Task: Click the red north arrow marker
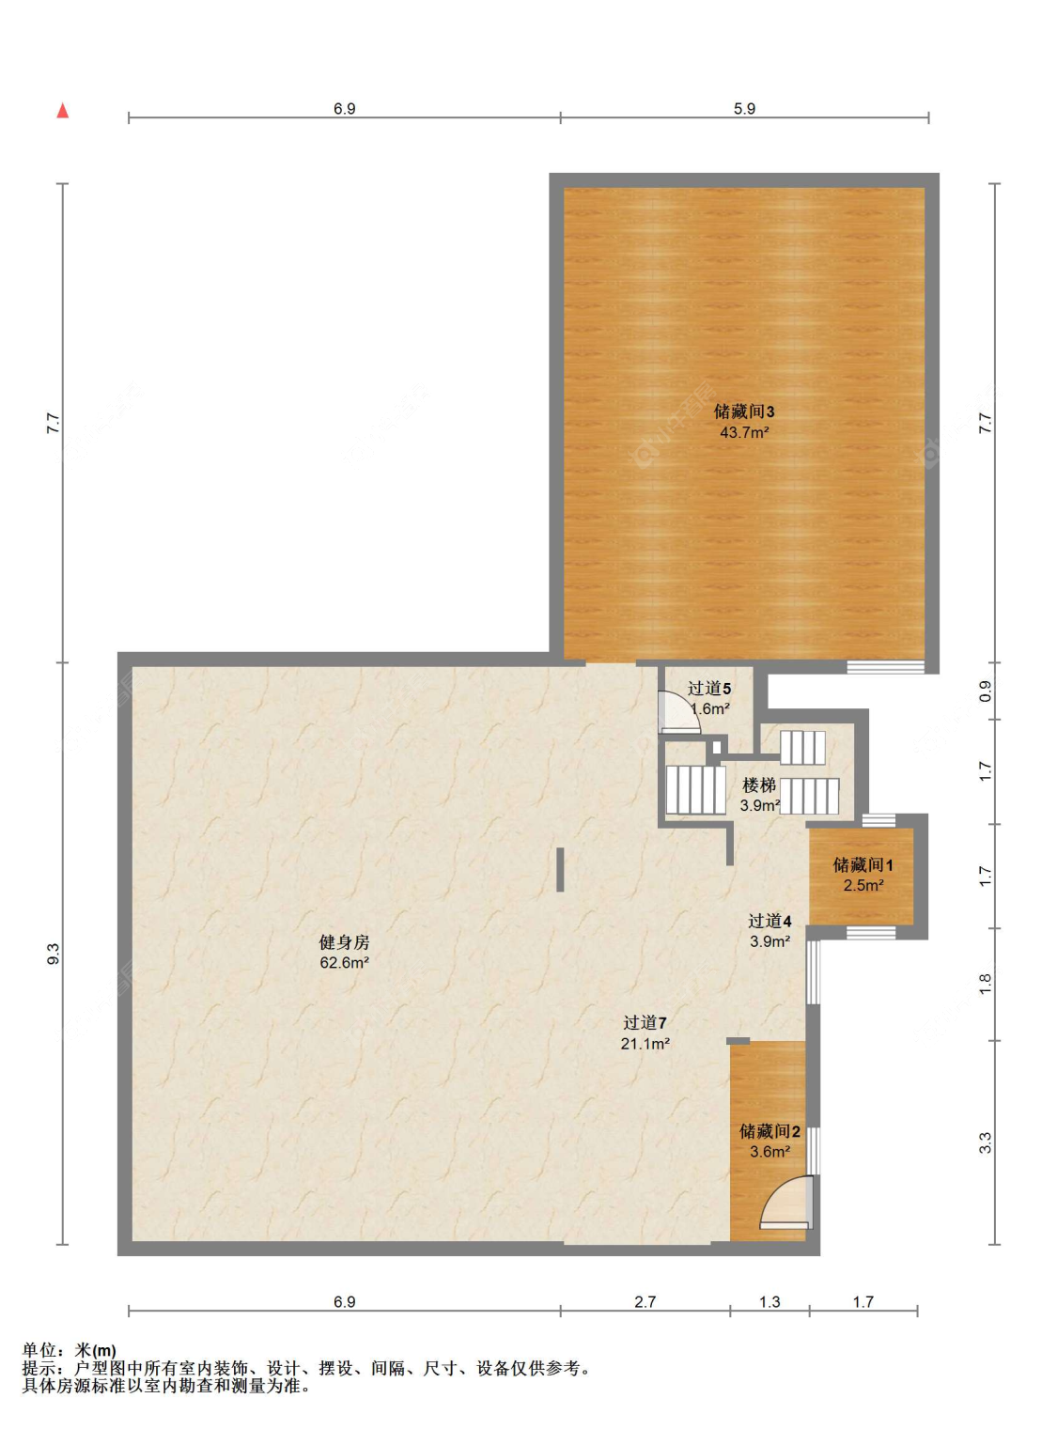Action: [x=63, y=111]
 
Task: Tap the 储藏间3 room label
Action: [x=744, y=412]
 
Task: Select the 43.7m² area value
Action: [x=744, y=432]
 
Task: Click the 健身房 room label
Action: [x=344, y=942]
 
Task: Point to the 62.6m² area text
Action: [x=344, y=963]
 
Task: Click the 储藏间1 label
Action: [x=863, y=864]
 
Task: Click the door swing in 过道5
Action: [x=678, y=712]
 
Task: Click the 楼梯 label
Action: [x=758, y=785]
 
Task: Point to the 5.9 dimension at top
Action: [x=744, y=108]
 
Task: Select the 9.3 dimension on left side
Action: [x=54, y=954]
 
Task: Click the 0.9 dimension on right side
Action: [x=985, y=691]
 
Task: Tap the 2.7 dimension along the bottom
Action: [x=645, y=1302]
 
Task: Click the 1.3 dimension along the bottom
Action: [x=769, y=1302]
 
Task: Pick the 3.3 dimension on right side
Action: [x=985, y=1142]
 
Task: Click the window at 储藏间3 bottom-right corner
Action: [x=885, y=667]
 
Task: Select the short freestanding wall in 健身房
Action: [x=560, y=869]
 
